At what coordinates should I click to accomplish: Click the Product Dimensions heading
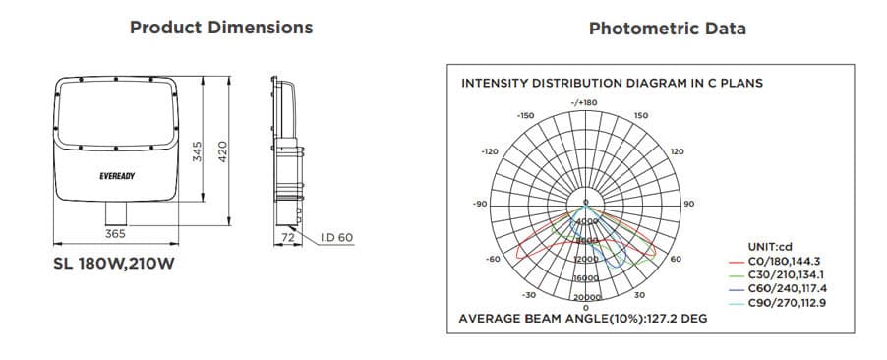pos(221,28)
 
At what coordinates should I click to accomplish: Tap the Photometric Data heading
pos(668,29)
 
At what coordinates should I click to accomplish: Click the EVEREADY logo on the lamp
pos(117,176)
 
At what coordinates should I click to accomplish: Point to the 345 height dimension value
pos(197,151)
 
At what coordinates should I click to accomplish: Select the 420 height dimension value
pos(223,151)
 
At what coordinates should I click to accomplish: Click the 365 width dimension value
pos(115,233)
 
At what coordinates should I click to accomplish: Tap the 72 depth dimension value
pos(288,238)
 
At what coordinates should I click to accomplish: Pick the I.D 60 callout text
pos(336,237)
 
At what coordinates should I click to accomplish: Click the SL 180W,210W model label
pos(114,264)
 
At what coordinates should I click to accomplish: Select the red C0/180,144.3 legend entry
pos(775,261)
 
